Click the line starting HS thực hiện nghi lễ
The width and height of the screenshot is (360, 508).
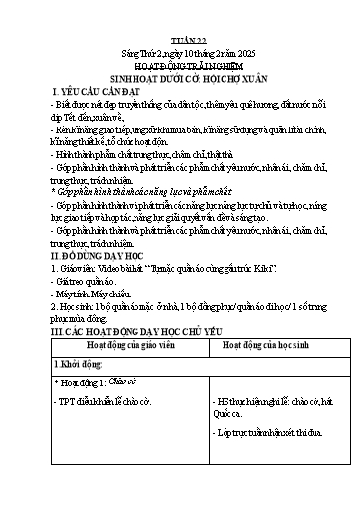264,433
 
